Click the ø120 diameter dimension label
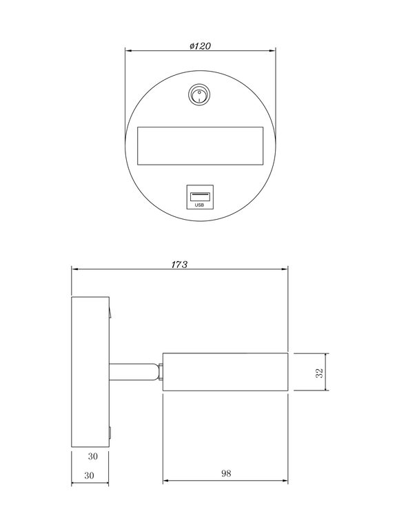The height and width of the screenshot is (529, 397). pyautogui.click(x=199, y=45)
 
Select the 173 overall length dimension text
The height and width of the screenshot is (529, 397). pyautogui.click(x=179, y=264)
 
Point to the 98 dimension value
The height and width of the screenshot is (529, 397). pyautogui.click(x=225, y=474)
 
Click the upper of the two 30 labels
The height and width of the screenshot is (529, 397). pyautogui.click(x=92, y=456)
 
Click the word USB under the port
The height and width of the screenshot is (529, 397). pyautogui.click(x=200, y=205)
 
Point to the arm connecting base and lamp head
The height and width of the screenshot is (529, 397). pyautogui.click(x=134, y=373)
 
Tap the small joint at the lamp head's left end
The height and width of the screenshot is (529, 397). pyautogui.click(x=159, y=373)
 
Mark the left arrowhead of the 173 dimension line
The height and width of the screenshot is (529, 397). pyautogui.click(x=75, y=269)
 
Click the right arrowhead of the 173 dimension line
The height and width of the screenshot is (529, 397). pyautogui.click(x=285, y=269)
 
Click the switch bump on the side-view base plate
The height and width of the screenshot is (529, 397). pyautogui.click(x=110, y=313)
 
